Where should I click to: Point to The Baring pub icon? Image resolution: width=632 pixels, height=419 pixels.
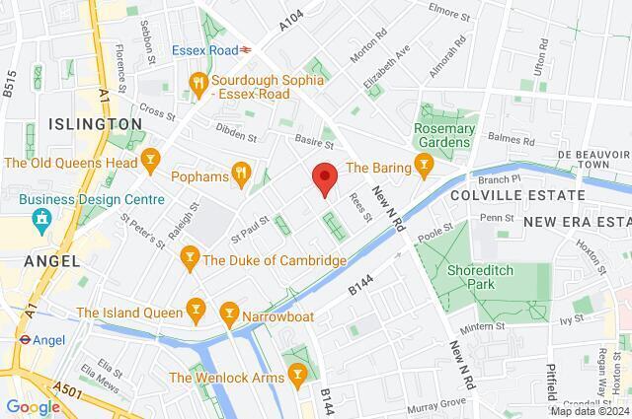click(425, 163)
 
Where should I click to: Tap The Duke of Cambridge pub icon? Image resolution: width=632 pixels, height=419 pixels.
click(190, 260)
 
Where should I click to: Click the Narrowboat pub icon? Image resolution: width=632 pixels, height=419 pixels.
click(229, 314)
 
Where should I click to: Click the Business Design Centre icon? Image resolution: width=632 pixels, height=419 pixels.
click(39, 216)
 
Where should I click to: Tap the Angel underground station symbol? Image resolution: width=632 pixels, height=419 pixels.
click(20, 339)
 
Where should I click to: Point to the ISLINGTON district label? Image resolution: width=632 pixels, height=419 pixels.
click(94, 124)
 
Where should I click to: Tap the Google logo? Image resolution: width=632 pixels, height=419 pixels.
click(33, 406)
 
